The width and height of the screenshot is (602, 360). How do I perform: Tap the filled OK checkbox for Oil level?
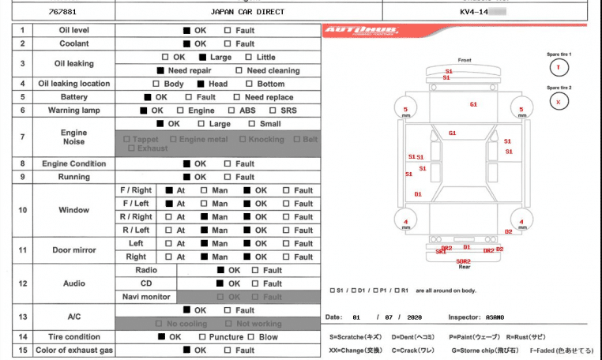coord(187,30)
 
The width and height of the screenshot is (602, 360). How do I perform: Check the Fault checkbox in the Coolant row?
coord(228,43)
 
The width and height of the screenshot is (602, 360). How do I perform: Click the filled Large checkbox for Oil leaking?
coord(203,57)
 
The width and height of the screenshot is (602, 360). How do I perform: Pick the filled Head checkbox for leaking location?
coord(201,84)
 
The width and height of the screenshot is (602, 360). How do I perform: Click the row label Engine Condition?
coord(74,163)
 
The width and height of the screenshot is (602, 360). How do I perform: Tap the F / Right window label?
coord(136,190)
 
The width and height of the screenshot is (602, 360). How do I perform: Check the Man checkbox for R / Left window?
coord(204,231)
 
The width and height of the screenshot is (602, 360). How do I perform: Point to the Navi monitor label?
coord(147,297)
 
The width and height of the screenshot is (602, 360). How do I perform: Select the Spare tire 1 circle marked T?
coord(559,66)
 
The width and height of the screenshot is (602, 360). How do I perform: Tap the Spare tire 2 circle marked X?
coord(559,101)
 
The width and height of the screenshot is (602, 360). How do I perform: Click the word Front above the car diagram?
coord(465,60)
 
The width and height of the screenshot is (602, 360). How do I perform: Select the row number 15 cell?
coord(23,351)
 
